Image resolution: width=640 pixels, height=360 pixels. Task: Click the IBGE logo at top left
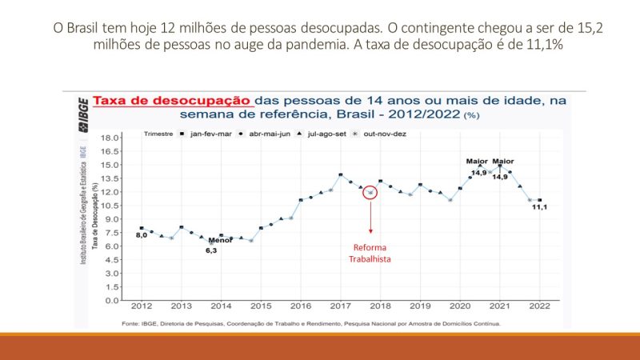coord(82,110)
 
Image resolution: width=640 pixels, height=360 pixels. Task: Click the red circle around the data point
coord(370,192)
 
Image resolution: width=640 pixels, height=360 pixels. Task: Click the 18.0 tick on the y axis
coord(110,138)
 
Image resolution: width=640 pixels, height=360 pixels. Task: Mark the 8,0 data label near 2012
coord(140,235)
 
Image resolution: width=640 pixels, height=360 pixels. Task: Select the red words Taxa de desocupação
coord(173,102)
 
